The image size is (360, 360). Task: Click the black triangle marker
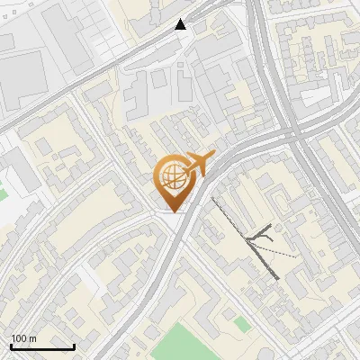182,24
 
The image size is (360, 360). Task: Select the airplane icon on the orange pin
196,164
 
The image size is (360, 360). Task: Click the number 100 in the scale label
18,338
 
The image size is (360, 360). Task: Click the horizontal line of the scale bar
42,347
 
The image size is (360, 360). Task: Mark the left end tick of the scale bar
11,346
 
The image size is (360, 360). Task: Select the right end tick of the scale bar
74,346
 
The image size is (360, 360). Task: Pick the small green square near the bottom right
241,322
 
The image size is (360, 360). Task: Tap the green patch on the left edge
3,192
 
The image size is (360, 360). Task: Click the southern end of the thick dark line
275,278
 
